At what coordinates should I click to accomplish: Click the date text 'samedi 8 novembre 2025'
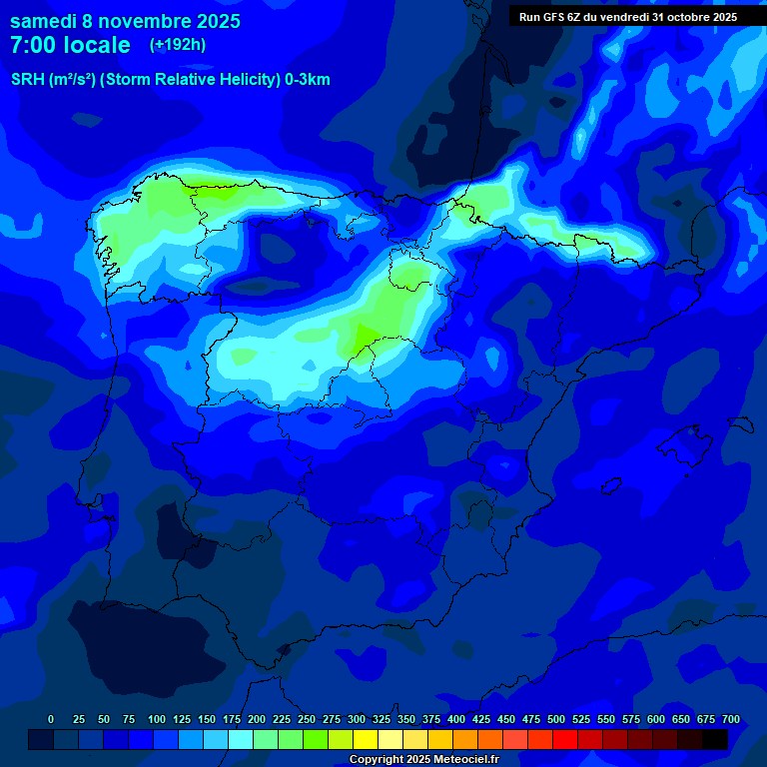pyautogui.click(x=125, y=21)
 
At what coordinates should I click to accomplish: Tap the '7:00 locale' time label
pyautogui.click(x=70, y=45)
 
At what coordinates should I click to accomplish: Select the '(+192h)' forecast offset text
pyautogui.click(x=178, y=44)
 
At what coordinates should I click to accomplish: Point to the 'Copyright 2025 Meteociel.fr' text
pyautogui.click(x=423, y=759)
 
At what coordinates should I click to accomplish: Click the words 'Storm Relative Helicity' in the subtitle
pyautogui.click(x=189, y=80)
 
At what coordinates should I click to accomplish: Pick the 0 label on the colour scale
pyautogui.click(x=51, y=719)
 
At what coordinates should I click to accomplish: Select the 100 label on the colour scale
pyautogui.click(x=156, y=719)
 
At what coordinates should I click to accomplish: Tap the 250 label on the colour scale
pyautogui.click(x=307, y=719)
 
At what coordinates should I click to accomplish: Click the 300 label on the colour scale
pyautogui.click(x=357, y=719)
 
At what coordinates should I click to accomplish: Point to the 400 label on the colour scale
pyautogui.click(x=456, y=719)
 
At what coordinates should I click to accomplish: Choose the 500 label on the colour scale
pyautogui.click(x=556, y=719)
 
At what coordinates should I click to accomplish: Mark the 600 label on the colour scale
pyautogui.click(x=656, y=719)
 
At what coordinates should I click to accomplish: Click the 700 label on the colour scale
pyautogui.click(x=731, y=719)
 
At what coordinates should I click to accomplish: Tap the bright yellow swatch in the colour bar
pyautogui.click(x=366, y=739)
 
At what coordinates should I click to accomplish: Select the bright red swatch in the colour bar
pyautogui.click(x=565, y=739)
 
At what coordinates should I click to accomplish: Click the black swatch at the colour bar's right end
pyautogui.click(x=715, y=739)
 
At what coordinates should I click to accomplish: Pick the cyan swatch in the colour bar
pyautogui.click(x=241, y=739)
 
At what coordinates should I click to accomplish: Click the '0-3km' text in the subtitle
pyautogui.click(x=308, y=80)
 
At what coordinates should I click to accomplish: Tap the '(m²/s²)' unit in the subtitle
pyautogui.click(x=72, y=80)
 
